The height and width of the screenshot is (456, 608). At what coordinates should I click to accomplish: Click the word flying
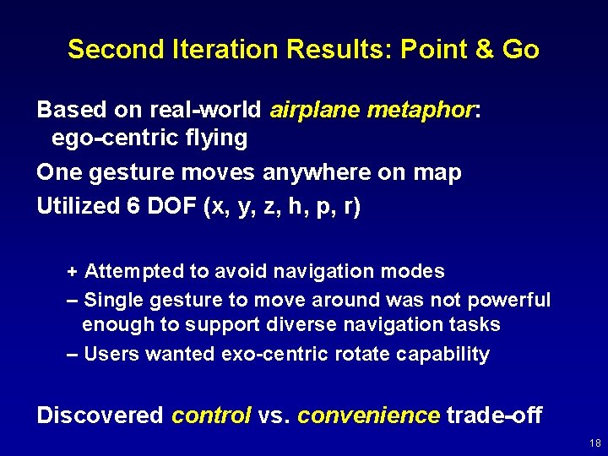[220, 138]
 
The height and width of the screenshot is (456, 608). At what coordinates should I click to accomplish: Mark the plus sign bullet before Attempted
[73, 272]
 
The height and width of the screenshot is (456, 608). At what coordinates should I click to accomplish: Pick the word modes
[414, 272]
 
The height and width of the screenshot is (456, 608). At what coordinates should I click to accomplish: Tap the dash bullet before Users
[73, 354]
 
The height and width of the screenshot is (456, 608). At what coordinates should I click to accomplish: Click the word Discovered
[100, 415]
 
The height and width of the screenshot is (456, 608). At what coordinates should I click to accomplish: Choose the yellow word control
[211, 415]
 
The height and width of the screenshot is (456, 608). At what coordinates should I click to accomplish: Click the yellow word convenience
[368, 415]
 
